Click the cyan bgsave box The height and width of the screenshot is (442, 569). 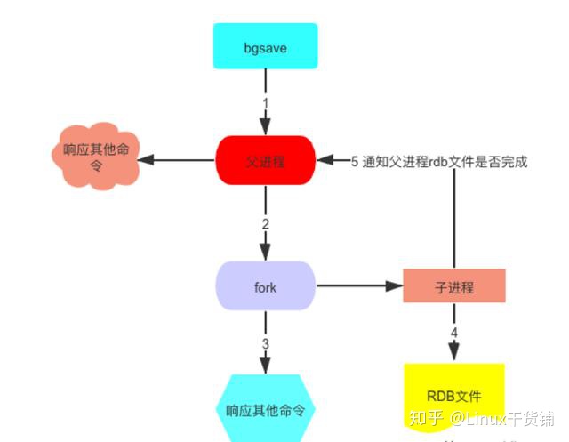tap(264, 46)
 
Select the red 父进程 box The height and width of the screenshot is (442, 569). tap(265, 161)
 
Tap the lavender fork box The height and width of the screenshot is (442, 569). tap(265, 286)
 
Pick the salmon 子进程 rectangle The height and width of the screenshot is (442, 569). tap(454, 287)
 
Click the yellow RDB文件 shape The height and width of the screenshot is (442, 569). tap(454, 396)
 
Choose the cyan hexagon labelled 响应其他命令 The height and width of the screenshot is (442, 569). tap(265, 410)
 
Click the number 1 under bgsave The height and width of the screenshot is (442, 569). tap(264, 103)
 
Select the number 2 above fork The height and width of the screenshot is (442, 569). tap(265, 223)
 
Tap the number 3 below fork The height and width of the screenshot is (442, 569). tap(265, 343)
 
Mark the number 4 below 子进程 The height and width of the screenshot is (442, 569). tap(454, 334)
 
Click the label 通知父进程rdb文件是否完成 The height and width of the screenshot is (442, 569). tap(445, 162)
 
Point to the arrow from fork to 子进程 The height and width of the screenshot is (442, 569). tap(356, 286)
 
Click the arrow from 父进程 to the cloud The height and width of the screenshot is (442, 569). tap(178, 161)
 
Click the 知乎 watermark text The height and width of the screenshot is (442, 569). tap(426, 417)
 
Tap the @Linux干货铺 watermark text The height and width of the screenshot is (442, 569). tap(501, 417)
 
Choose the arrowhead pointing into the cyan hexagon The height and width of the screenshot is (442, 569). tap(265, 367)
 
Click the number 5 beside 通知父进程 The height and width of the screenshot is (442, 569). tap(354, 162)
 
